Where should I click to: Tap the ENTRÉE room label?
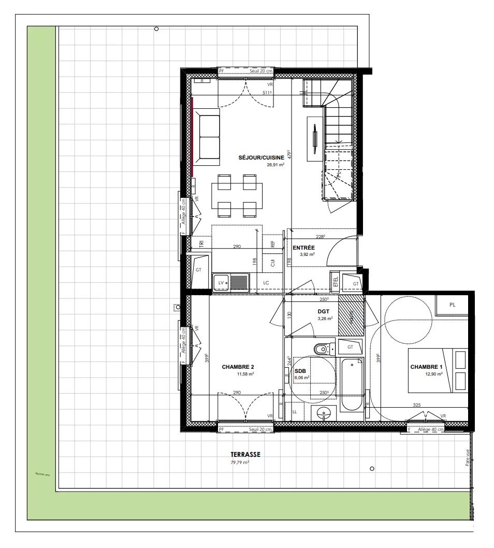point(303,248)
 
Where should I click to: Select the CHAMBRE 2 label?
point(238,367)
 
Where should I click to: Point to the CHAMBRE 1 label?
point(426,367)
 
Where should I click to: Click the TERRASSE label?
point(245,454)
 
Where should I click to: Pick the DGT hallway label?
point(324,311)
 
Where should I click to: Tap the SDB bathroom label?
point(300,371)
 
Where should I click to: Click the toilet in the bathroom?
point(322,349)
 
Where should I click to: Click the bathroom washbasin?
point(325,414)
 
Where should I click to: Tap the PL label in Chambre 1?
point(452,305)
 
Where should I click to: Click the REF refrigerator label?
point(272,242)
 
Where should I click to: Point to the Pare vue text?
point(467,458)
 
